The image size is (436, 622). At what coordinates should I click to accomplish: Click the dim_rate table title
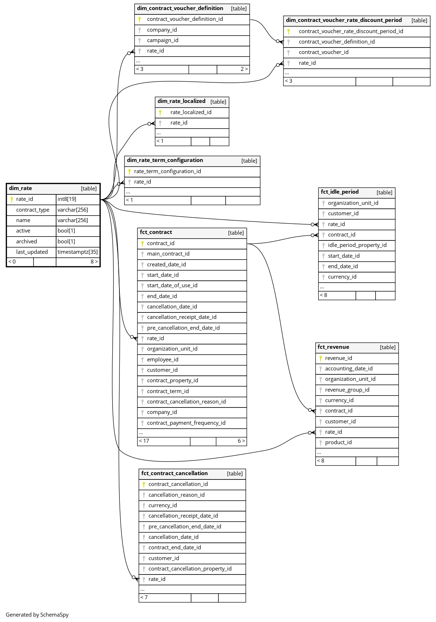click(x=21, y=188)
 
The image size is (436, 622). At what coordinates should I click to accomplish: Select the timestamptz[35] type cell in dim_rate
click(x=78, y=252)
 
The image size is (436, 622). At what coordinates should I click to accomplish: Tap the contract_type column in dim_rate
click(x=33, y=210)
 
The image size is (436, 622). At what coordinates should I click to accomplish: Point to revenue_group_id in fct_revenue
click(x=347, y=390)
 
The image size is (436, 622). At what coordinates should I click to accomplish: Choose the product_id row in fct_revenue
click(x=339, y=442)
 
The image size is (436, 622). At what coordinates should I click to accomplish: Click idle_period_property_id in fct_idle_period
click(x=357, y=245)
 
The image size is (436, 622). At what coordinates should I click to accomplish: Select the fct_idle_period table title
click(x=340, y=192)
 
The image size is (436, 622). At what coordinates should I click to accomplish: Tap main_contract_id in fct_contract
click(x=168, y=254)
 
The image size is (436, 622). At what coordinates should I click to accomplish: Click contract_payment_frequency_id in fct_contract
click(x=186, y=423)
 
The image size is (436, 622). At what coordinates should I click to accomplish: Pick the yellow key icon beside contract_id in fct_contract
click(x=142, y=243)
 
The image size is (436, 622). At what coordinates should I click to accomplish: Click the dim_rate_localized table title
click(x=181, y=101)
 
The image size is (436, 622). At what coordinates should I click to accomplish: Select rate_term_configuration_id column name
click(x=168, y=171)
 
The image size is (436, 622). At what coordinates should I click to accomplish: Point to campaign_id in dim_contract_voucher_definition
click(x=163, y=40)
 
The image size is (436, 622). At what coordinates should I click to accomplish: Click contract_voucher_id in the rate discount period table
click(x=324, y=52)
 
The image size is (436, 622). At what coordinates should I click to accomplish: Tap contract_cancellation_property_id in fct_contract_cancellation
click(x=190, y=569)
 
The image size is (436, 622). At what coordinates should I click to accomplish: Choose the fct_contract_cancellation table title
click(x=174, y=473)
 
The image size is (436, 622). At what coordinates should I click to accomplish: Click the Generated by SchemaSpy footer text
click(x=37, y=615)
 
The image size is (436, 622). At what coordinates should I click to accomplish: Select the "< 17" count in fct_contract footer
click(x=144, y=441)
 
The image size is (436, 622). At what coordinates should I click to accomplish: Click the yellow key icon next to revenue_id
click(x=321, y=358)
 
